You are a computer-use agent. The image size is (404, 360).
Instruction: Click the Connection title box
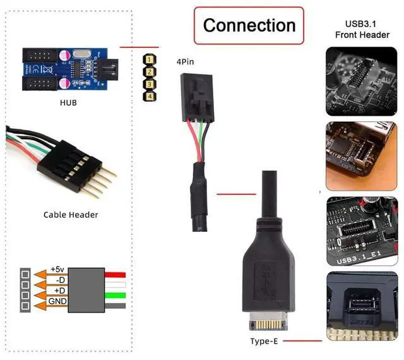point(249,25)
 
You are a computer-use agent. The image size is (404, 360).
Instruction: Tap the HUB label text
point(68,102)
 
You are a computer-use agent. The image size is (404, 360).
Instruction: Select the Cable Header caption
point(71,215)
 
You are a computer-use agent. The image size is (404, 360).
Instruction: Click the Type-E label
point(264,342)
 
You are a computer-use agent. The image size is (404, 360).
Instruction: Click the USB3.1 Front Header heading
point(362,29)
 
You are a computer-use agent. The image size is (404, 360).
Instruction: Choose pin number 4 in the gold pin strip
point(150,95)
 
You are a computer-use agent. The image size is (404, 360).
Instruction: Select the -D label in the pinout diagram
point(59,280)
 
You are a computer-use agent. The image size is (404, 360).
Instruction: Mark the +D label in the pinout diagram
point(59,292)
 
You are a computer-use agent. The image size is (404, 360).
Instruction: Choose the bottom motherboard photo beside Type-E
point(362,305)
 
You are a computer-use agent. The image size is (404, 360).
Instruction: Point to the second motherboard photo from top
point(362,155)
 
